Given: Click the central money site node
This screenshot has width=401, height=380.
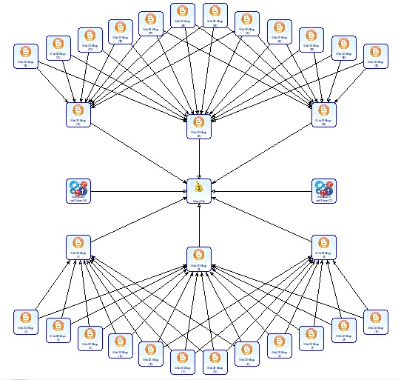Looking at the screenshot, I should tap(198, 190).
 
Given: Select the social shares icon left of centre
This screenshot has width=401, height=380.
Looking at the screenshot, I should tap(77, 190).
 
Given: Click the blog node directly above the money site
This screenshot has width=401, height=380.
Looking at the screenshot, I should tap(198, 126).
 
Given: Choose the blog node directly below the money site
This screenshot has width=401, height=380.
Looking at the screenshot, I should tap(198, 256).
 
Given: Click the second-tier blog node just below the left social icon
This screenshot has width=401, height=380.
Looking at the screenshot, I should tap(77, 246).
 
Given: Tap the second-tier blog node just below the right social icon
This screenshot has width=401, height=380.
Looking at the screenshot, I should tap(323, 246).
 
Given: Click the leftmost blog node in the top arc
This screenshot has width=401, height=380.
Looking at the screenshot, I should tap(25, 56).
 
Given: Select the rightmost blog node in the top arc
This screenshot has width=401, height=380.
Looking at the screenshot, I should tap(376, 56).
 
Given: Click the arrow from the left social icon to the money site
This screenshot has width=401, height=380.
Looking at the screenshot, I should tap(137, 190).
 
